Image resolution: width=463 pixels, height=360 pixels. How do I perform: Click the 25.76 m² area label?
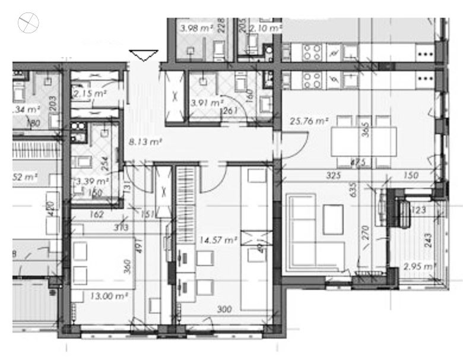(309, 121)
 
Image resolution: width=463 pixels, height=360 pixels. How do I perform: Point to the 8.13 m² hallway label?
(145, 142)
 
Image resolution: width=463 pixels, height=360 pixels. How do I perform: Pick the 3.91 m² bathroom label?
(204, 102)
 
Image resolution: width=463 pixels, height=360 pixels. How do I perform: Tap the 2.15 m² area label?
(90, 93)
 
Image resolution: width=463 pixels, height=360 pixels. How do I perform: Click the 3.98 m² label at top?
(195, 27)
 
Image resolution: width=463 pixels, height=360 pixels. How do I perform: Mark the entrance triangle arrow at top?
(143, 55)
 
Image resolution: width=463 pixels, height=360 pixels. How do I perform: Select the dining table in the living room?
(363, 143)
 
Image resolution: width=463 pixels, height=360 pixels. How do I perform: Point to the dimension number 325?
(337, 175)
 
